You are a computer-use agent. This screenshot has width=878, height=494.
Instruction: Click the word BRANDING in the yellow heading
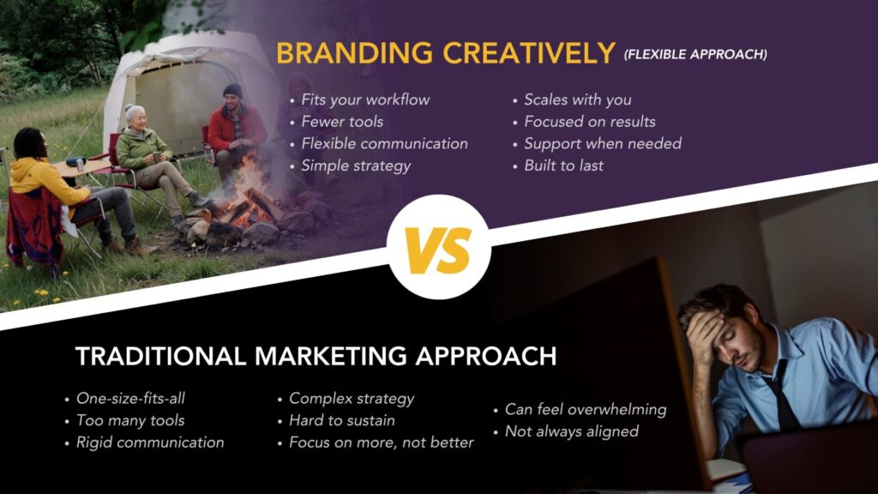point(354,54)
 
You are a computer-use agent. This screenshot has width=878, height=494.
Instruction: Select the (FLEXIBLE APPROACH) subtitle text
point(695,54)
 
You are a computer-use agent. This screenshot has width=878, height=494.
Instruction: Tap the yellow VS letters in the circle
point(438,250)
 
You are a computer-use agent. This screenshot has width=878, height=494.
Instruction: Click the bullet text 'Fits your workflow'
point(365,99)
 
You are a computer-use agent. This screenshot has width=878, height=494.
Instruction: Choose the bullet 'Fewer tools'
point(342,122)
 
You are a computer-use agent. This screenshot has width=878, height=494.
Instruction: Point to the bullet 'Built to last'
point(563,166)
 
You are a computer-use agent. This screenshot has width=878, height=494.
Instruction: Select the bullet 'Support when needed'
point(603,144)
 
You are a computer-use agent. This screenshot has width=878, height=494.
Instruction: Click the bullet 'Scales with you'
point(577,99)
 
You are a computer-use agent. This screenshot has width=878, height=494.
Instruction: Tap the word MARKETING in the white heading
point(331,356)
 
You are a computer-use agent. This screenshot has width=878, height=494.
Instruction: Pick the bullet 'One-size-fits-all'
point(130,398)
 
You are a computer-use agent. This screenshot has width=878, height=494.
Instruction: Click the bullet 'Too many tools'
point(130,420)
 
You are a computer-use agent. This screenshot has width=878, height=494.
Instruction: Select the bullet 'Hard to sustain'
point(341,420)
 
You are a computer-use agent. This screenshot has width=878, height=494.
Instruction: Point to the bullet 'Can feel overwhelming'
point(586,409)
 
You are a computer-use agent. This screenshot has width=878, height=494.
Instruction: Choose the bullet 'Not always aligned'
point(572,431)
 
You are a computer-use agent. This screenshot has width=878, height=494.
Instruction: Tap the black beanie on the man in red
point(232,90)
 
